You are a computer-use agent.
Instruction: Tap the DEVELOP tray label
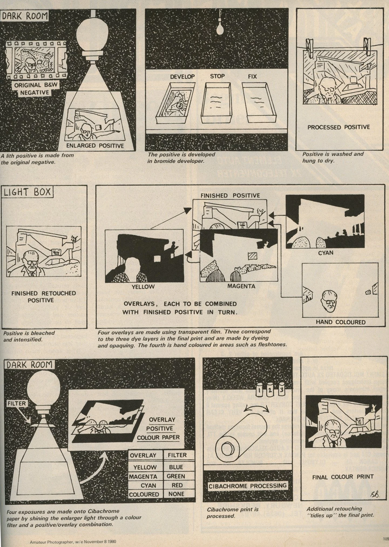coord(182,77)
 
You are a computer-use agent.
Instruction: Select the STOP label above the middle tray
coord(217,76)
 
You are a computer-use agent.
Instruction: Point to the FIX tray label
coord(252,77)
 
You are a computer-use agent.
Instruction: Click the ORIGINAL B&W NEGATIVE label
coord(36,89)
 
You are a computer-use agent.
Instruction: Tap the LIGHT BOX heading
coord(27,192)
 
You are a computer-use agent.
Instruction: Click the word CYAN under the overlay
coord(326,253)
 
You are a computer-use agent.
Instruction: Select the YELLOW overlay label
coord(143,286)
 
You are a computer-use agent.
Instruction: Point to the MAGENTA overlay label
coord(241,286)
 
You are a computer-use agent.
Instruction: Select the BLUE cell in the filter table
coord(176,467)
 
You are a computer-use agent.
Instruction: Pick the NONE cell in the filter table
coord(176,494)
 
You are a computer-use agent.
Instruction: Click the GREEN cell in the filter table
coord(176,476)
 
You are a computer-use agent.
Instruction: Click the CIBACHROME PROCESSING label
coord(247,486)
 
